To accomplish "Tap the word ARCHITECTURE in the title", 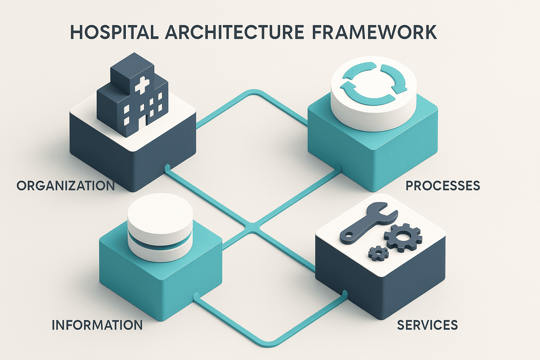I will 234,32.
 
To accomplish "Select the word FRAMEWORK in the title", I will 374,32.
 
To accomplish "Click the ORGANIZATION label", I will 66,186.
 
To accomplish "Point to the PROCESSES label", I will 443,186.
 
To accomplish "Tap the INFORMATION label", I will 97,325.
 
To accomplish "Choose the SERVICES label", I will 427,325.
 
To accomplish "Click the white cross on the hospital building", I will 142,86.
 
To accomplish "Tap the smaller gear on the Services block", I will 378,253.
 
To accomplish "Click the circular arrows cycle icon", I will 373,83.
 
